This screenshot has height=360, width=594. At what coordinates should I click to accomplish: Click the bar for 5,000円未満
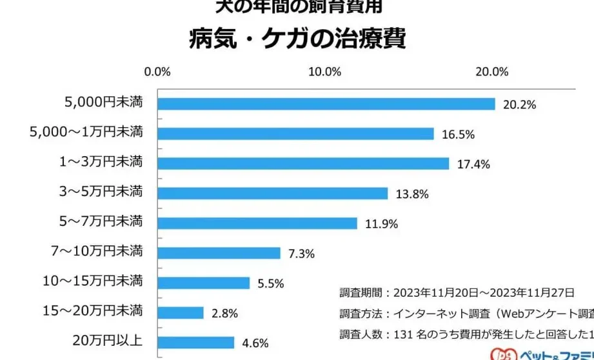[326, 104]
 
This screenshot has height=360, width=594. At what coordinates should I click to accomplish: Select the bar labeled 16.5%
[295, 134]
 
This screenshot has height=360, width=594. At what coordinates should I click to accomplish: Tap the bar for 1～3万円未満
[303, 163]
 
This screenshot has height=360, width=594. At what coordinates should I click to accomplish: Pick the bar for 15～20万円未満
[181, 313]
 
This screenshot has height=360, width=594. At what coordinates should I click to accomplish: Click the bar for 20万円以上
[196, 343]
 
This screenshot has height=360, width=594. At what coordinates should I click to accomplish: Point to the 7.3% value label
[301, 254]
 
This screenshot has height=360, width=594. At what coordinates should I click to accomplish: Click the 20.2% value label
[520, 105]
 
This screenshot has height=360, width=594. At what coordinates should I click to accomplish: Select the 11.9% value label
[381, 224]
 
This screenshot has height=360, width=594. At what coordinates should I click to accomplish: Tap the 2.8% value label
[224, 314]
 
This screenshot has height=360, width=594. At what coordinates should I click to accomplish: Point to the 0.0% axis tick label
[157, 72]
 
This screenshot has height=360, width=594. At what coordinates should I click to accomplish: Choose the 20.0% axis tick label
[492, 72]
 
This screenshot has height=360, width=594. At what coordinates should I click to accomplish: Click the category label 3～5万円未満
[100, 192]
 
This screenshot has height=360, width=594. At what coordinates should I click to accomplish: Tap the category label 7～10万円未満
[97, 251]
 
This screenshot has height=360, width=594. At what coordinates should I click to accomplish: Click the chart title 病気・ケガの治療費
[297, 39]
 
